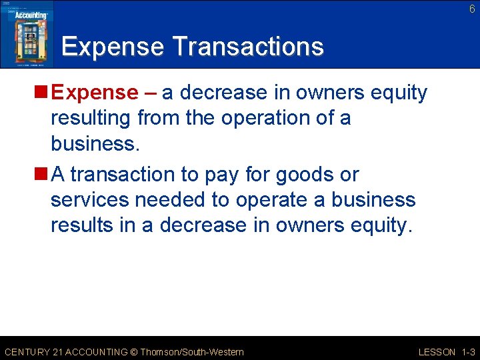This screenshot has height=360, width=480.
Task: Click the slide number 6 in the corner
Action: pyautogui.click(x=472, y=9)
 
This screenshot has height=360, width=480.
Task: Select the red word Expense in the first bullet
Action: pyautogui.click(x=94, y=93)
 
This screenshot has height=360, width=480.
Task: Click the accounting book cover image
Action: pyautogui.click(x=27, y=34)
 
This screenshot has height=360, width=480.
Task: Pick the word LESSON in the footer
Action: pyautogui.click(x=437, y=352)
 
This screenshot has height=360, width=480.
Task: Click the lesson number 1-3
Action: pyautogui.click(x=468, y=352)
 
